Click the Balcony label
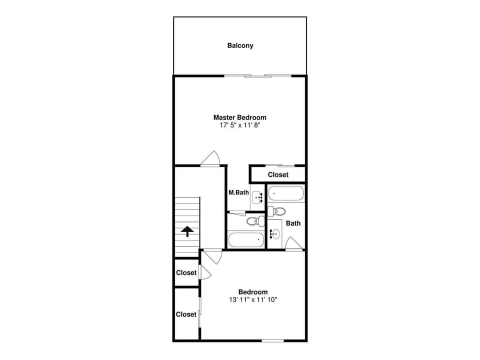[240, 45]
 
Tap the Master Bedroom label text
[240, 117]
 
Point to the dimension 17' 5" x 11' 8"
[240, 125]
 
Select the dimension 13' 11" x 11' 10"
[252, 300]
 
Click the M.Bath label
[238, 192]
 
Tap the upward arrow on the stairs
[187, 231]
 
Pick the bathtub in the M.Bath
[246, 239]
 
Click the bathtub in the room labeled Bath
[285, 193]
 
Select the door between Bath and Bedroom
[294, 243]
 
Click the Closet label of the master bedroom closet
[278, 175]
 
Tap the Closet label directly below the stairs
[186, 273]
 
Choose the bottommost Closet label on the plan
[186, 314]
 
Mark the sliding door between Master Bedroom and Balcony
[257, 76]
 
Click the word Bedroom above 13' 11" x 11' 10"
[252, 292]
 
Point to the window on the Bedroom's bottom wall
[272, 341]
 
